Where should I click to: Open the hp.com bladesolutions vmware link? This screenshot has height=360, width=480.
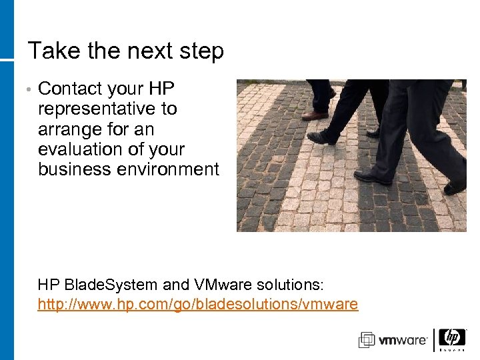[x=198, y=305]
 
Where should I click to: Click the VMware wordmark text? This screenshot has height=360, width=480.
[x=403, y=341]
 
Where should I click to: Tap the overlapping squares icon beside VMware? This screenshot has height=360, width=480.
[x=367, y=340]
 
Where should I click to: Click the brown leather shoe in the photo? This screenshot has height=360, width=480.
[x=315, y=115]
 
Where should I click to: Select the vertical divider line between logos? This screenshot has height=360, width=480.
[x=435, y=340]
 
